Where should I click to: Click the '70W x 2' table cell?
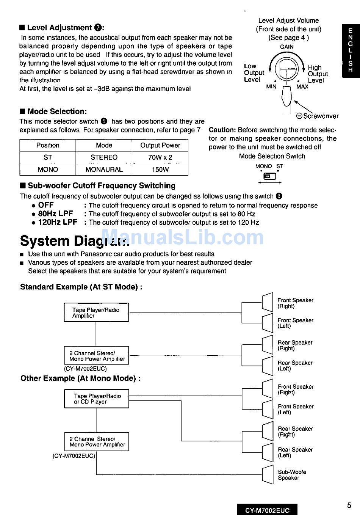pos(160,157)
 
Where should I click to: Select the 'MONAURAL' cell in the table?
pos(104,170)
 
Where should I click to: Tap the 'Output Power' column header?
pos(160,145)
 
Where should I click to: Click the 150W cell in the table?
pos(160,170)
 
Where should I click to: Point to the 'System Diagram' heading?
pos(74,241)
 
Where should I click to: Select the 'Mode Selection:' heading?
pos(57,111)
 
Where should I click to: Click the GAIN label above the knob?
pos(286,47)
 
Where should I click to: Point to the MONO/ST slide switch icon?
pos(269,176)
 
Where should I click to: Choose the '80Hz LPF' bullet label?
pos(55,214)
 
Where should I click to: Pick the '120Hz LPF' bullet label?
pos(58,222)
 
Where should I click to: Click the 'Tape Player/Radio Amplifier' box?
pos(96,312)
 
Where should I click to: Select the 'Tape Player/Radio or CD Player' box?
pos(97,399)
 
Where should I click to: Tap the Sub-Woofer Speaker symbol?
pos(268,474)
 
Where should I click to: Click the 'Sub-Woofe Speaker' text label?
pos(292,475)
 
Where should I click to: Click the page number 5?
pos(349,505)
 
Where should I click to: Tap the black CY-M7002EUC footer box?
pos(267,510)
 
